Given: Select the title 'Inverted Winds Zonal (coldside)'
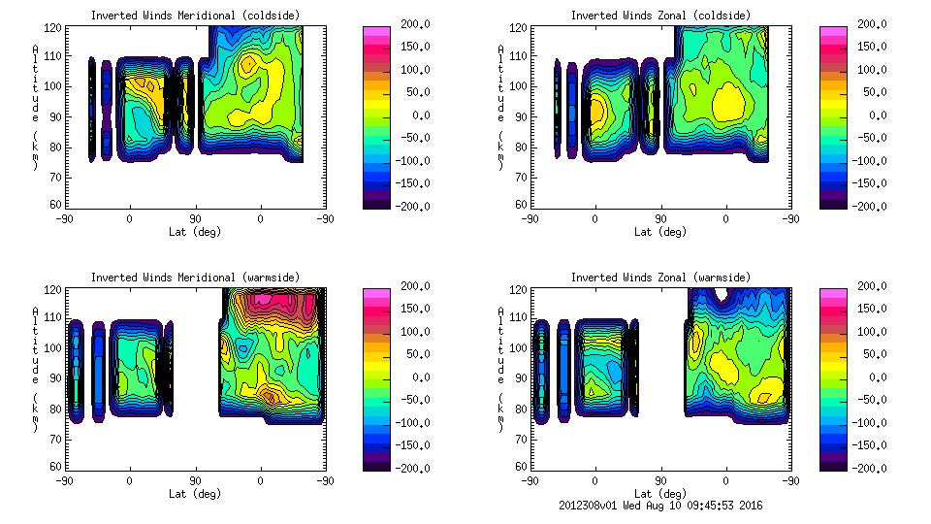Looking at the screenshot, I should click(x=660, y=16).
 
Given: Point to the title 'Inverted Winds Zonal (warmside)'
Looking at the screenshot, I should click(x=660, y=278).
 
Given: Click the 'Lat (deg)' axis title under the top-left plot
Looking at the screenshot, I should click(x=194, y=232).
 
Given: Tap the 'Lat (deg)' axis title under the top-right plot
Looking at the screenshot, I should click(x=660, y=232).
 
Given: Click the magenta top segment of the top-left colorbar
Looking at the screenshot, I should click(x=375, y=32).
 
